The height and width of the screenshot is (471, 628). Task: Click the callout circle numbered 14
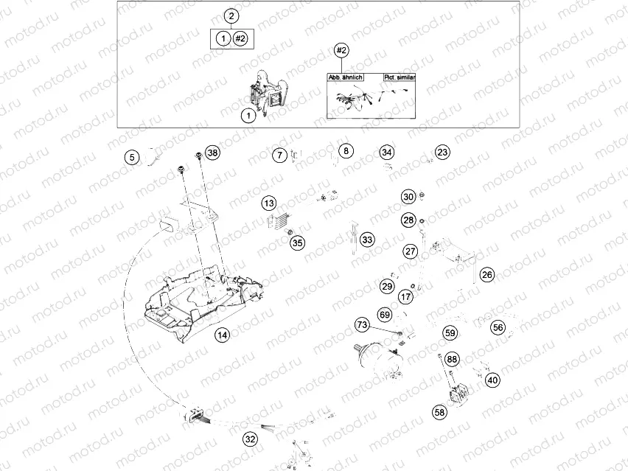[222, 335]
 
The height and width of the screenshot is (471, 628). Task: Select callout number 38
[213, 153]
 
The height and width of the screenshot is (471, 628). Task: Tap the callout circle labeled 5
[131, 157]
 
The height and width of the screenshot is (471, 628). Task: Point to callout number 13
[270, 203]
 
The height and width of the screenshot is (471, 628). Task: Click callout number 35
[297, 242]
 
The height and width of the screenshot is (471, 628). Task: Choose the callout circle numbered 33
[367, 240]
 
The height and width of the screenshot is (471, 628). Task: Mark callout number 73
[362, 325]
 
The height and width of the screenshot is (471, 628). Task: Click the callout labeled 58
[440, 413]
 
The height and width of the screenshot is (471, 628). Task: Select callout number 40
[492, 380]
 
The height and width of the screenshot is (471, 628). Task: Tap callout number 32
[251, 439]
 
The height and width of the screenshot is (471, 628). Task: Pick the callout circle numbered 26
[487, 274]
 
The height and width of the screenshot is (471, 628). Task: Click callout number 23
[442, 153]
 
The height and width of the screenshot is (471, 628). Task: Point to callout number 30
[408, 197]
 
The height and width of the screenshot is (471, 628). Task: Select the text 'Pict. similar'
[400, 77]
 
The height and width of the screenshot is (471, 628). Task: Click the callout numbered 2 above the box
[231, 16]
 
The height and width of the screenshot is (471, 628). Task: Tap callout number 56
[498, 327]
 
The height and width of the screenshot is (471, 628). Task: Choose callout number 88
[452, 359]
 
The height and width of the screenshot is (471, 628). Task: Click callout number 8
[346, 151]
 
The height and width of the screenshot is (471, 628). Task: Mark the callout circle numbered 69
[385, 315]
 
